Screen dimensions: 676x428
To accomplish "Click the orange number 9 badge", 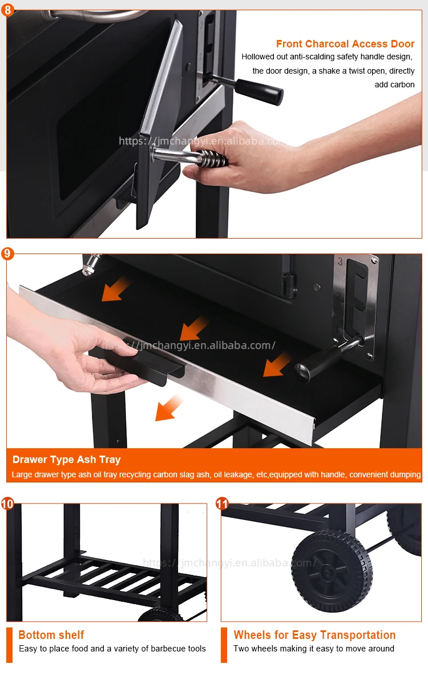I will tap(7, 253).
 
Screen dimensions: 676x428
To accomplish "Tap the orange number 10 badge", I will tap(7, 504).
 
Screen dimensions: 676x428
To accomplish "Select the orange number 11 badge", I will tap(222, 504).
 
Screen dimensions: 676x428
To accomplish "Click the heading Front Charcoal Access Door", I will tap(345, 44).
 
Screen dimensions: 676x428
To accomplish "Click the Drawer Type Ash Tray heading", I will tap(67, 460).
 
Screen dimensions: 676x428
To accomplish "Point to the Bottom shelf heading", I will tap(51, 635).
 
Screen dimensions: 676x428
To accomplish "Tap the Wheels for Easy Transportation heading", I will tap(314, 635).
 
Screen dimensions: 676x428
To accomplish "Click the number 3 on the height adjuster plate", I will tap(340, 263).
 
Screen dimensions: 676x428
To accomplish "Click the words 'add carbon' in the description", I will tap(394, 84).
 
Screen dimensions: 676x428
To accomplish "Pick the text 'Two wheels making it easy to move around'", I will tap(313, 649).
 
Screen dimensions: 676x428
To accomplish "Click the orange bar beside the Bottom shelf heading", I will tap(9, 645).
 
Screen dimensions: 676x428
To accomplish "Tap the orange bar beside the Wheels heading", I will tap(224, 645).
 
